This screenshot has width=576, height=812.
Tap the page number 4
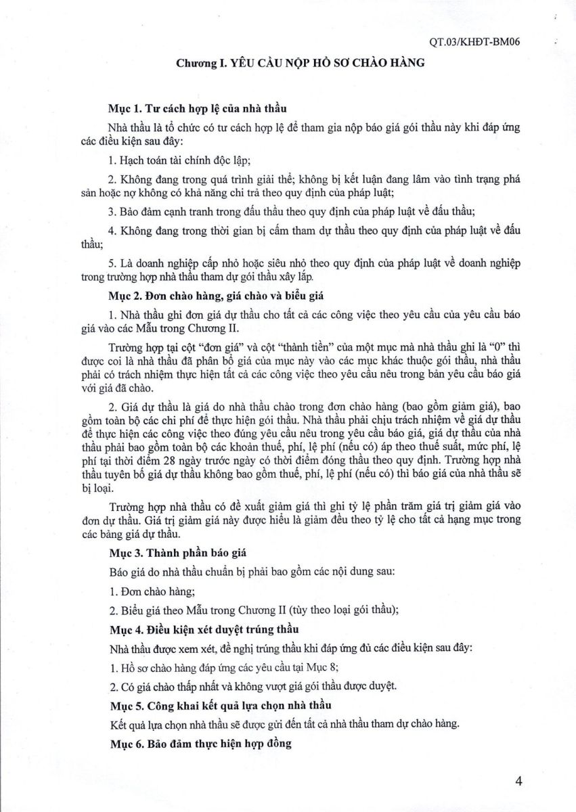(x=519, y=782)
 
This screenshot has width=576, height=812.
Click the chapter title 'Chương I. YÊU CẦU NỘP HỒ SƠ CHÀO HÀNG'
(x=301, y=64)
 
